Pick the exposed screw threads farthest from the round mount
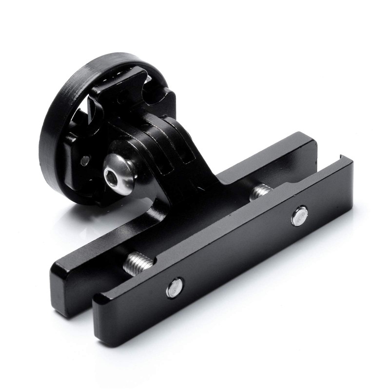[260, 191]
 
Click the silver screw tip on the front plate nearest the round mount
[175, 288]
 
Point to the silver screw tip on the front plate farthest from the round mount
[299, 215]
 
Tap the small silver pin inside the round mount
[86, 159]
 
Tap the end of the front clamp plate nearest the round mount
[105, 317]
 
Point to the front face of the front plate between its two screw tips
[239, 253]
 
